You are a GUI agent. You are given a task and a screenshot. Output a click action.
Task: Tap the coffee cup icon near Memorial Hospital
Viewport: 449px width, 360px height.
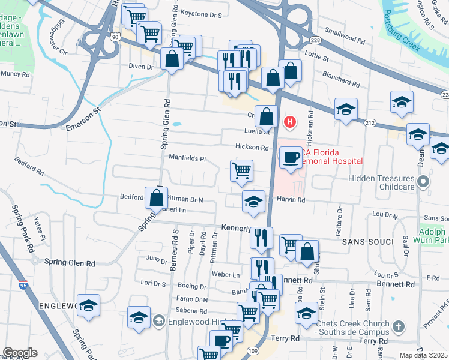(291, 157)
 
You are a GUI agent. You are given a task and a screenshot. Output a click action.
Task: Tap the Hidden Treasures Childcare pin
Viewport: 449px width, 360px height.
(424, 181)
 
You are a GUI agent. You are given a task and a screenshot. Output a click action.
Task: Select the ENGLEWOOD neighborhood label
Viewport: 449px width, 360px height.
(58, 306)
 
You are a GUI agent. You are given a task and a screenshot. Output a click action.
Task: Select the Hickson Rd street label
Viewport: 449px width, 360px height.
(253, 147)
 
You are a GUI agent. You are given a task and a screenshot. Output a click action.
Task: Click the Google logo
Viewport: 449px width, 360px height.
(20, 352)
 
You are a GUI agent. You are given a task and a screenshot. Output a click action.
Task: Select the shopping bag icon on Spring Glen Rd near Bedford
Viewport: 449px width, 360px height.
(156, 197)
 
